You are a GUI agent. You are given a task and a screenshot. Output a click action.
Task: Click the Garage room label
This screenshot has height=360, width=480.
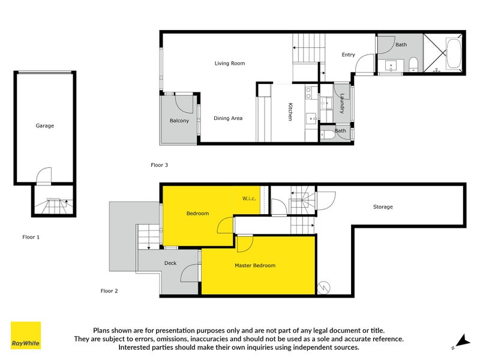[x=45, y=126]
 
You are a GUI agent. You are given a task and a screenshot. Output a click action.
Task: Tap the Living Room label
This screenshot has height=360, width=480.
[x=230, y=63]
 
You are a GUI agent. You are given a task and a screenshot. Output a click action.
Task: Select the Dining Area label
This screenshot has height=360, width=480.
[x=228, y=118]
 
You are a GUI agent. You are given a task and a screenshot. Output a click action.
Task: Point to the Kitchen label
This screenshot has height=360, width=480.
[x=290, y=112]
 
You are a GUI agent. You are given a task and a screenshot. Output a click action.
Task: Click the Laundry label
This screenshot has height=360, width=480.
[x=342, y=103]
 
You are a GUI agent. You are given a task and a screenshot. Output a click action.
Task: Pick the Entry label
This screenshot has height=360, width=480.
[x=349, y=55]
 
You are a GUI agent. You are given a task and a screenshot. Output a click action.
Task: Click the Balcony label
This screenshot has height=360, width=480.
[x=179, y=121]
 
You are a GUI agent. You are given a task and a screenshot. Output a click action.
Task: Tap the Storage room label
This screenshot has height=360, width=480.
[x=383, y=207]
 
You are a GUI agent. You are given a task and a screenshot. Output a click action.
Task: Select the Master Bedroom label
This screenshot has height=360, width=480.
[x=255, y=265]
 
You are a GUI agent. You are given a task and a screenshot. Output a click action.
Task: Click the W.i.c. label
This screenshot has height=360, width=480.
[x=250, y=198]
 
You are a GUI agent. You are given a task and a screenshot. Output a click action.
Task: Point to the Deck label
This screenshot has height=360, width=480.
[x=170, y=263]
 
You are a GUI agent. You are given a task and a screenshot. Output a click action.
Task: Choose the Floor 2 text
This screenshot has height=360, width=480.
[x=109, y=291]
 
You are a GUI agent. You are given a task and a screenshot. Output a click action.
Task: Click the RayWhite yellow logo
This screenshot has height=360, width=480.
[x=26, y=335]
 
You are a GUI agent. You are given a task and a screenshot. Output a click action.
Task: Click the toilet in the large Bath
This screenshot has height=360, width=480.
[x=413, y=64]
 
